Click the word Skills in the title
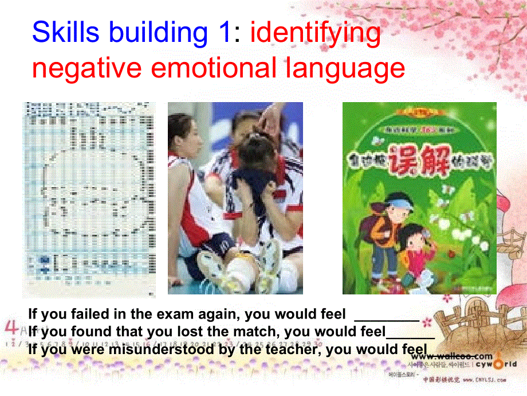[x=65, y=33]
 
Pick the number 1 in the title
[x=224, y=33]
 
